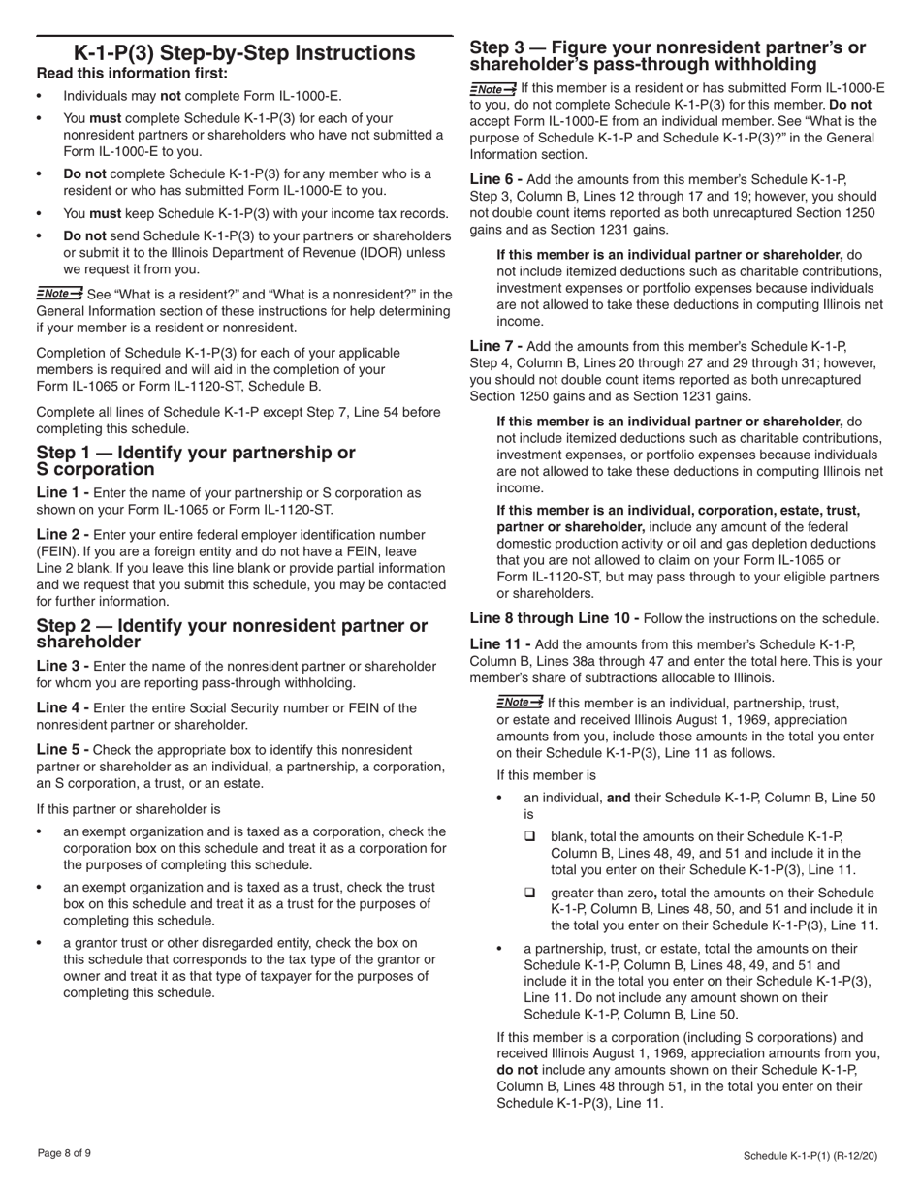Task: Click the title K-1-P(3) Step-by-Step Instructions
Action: tap(244, 53)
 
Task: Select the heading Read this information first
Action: tap(132, 74)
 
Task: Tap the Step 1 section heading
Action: tap(195, 461)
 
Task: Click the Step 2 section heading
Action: tap(231, 634)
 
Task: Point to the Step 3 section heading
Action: tap(667, 56)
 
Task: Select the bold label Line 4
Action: tap(62, 708)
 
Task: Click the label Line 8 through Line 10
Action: tap(554, 618)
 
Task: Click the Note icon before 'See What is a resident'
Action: tap(59, 293)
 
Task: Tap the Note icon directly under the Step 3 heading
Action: tap(492, 89)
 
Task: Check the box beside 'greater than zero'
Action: tap(530, 893)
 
